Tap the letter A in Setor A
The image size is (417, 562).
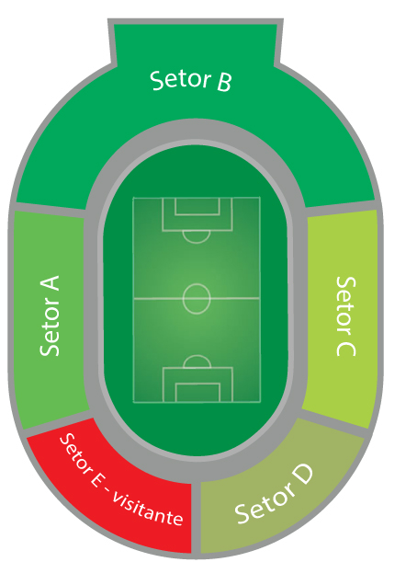pos(50,282)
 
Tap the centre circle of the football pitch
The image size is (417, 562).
pos(197,299)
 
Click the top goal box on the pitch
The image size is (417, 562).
pos(197,206)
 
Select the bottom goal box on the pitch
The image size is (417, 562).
pos(197,393)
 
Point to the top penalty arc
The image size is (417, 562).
pos(197,237)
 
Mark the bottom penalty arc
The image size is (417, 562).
pos(197,361)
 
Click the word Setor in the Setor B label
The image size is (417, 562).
pos(180,80)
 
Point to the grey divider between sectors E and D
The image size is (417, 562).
pos(196,518)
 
